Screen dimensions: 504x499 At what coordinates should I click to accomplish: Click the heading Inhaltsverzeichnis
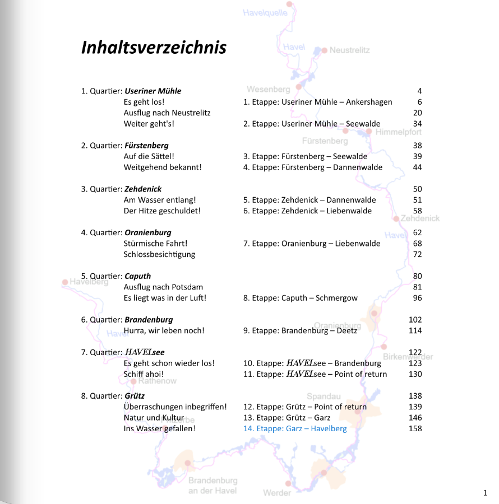(154, 47)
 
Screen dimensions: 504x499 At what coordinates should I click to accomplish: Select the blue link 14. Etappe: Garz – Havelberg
(295, 428)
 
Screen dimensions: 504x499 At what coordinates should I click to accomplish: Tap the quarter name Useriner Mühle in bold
(153, 91)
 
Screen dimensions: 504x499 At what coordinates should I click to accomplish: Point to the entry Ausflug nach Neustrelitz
(167, 113)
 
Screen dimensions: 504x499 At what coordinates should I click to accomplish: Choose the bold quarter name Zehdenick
(143, 189)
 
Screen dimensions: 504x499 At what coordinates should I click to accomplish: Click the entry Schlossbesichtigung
(159, 254)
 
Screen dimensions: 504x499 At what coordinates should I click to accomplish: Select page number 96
(417, 298)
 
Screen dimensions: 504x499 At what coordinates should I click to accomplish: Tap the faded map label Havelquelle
(265, 12)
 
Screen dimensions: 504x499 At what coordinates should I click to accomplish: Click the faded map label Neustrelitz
(349, 50)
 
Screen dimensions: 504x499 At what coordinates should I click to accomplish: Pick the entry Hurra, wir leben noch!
(164, 330)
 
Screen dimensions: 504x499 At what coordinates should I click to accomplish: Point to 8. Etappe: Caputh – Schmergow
(300, 298)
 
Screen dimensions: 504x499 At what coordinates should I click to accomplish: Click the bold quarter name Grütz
(135, 396)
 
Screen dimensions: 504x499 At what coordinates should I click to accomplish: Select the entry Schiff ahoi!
(144, 374)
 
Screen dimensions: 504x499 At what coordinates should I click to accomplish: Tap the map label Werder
(277, 493)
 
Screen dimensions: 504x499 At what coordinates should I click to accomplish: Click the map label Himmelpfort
(398, 132)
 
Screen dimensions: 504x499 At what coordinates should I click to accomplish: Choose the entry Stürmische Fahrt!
(155, 244)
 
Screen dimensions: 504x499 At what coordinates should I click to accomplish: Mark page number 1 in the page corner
(484, 493)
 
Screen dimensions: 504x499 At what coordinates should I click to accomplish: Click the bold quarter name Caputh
(137, 276)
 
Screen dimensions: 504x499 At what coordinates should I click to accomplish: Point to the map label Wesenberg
(268, 89)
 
